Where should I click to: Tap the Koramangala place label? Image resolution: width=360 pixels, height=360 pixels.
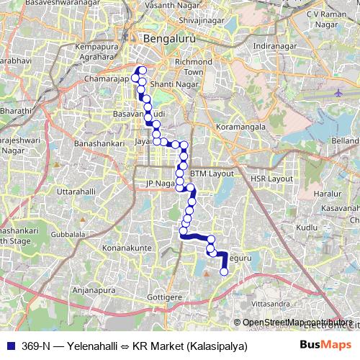click(240, 129)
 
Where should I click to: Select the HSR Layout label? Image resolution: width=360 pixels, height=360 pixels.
click(271, 179)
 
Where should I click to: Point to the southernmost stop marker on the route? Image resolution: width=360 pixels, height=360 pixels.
click(223, 271)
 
